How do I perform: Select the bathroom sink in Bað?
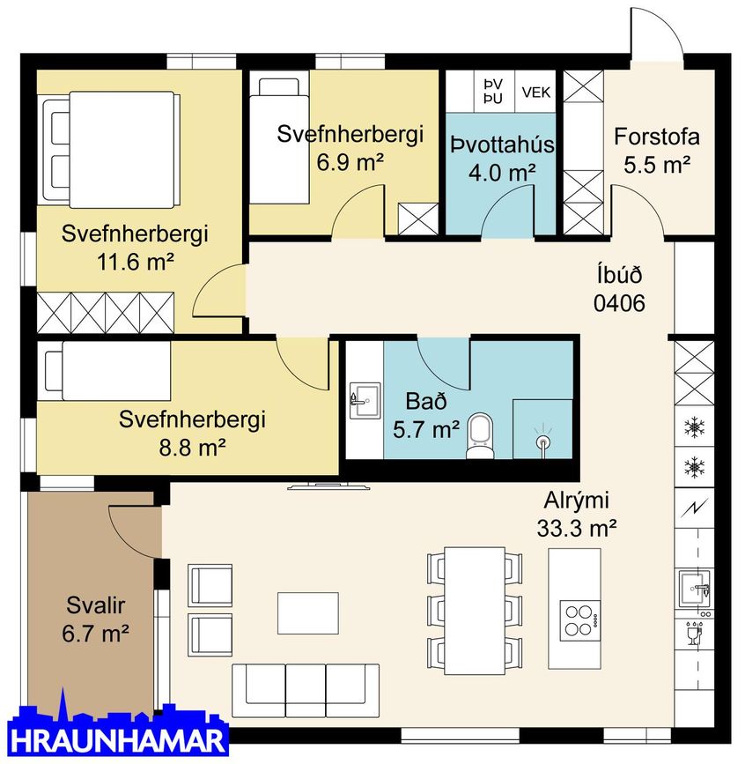point(362,401)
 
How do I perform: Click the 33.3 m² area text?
point(575,529)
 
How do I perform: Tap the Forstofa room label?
point(657,137)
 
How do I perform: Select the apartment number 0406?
point(620,304)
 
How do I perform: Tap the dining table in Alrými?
point(471,608)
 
